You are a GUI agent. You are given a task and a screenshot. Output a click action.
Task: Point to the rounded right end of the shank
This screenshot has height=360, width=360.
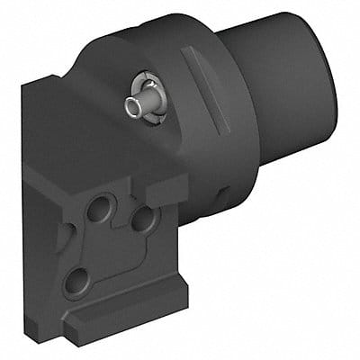(329, 81)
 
